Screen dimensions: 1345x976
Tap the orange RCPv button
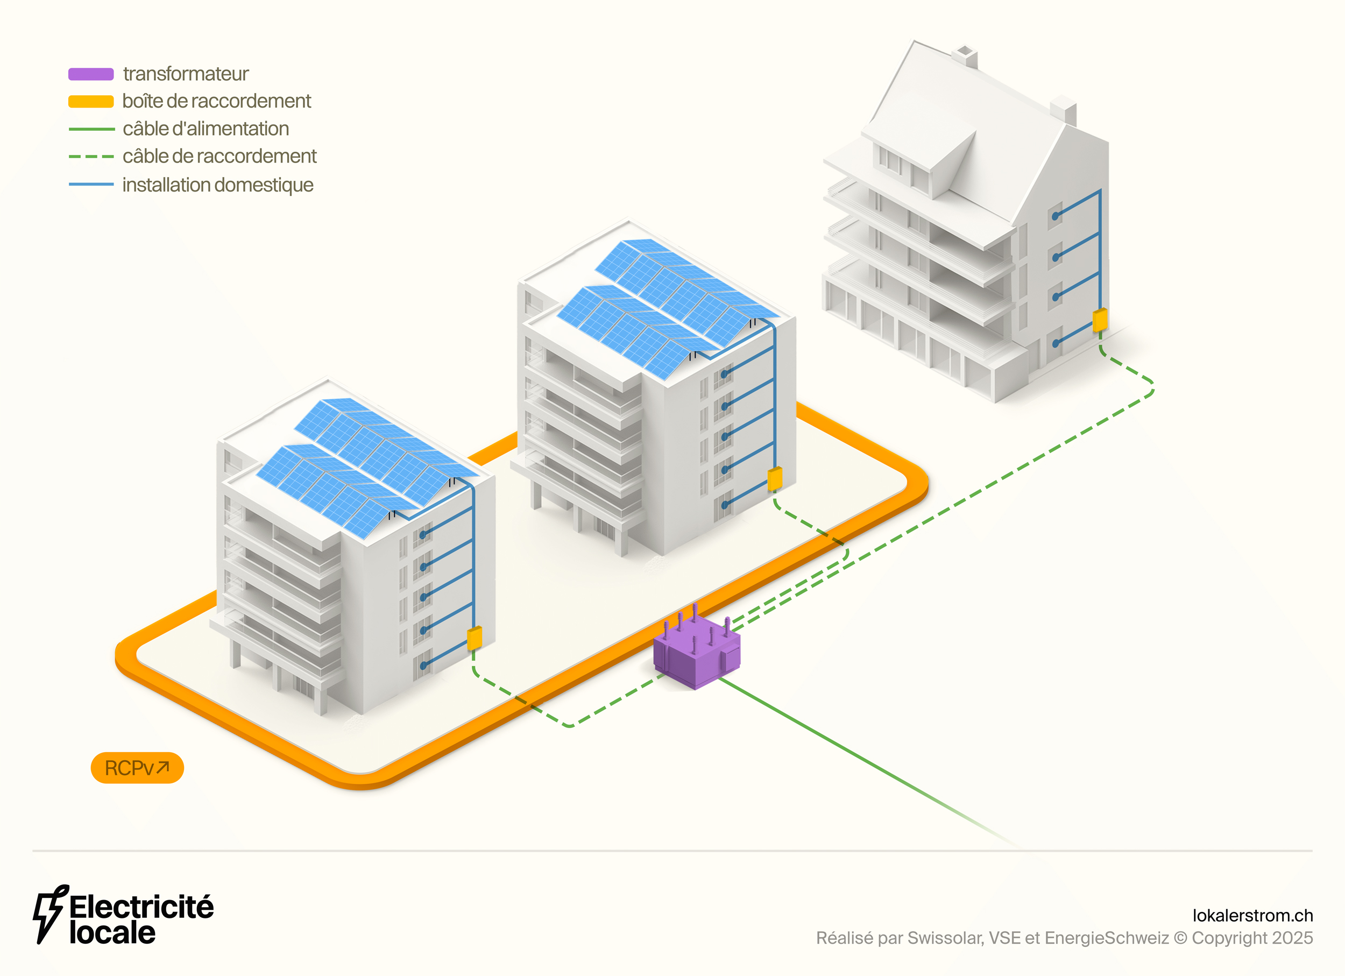137,768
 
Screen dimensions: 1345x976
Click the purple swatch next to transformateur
91,74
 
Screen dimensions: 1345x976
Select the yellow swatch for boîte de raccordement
91,101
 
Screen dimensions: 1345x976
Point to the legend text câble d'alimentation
206,129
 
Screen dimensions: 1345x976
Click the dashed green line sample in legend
91,157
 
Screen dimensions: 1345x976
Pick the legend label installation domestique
218,185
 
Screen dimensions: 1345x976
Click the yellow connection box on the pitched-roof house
1100,320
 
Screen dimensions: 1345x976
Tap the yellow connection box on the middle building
775,478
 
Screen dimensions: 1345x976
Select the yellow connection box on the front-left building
475,638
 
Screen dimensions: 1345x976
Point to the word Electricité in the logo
141,907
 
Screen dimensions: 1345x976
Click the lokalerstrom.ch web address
1252,916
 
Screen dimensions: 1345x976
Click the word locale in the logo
112,933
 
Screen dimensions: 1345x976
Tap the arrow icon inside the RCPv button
163,767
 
